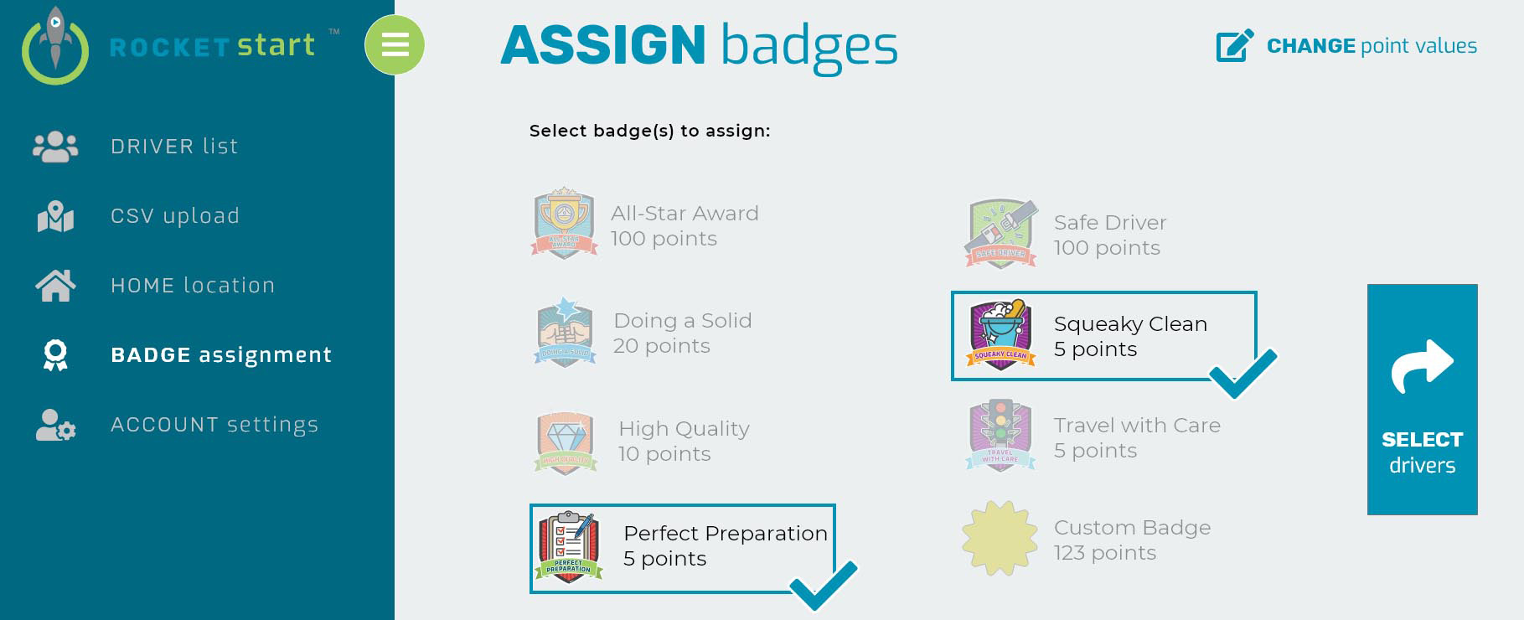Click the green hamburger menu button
[x=395, y=44]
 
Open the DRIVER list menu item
[x=174, y=147]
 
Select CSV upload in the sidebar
[x=175, y=216]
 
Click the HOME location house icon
[x=55, y=286]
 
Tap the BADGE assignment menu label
[x=221, y=355]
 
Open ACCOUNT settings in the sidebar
[x=214, y=425]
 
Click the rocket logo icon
[x=55, y=46]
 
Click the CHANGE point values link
[x=1372, y=46]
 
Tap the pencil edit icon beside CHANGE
[x=1235, y=46]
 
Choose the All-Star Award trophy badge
[x=565, y=223]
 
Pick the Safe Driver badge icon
[x=1001, y=234]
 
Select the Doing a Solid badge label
[x=683, y=333]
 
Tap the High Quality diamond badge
[x=566, y=442]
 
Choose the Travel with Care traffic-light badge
[x=1000, y=436]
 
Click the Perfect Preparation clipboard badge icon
[x=569, y=547]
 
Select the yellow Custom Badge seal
[x=1000, y=538]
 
